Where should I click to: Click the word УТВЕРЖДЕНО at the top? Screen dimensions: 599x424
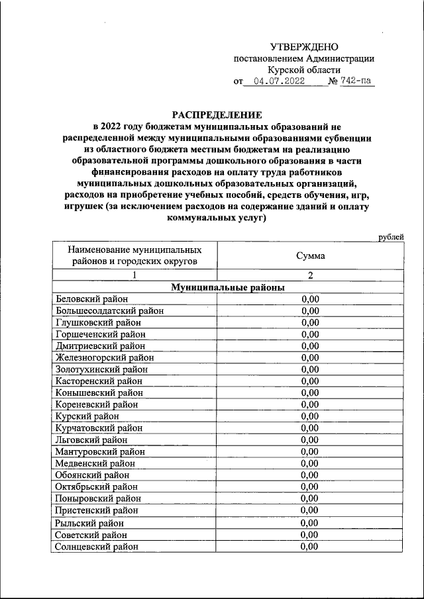(x=304, y=47)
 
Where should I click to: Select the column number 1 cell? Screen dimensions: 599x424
(x=134, y=275)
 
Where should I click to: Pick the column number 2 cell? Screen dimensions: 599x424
(x=310, y=275)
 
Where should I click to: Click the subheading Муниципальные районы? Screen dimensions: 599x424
(x=227, y=287)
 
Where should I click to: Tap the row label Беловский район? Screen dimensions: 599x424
(x=92, y=299)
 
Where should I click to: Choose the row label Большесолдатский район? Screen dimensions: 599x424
(x=110, y=310)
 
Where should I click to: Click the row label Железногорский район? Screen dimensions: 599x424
(x=105, y=357)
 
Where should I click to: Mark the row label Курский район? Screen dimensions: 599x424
(x=88, y=416)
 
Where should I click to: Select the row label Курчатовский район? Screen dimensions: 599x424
(x=100, y=428)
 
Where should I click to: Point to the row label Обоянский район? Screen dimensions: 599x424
(x=93, y=475)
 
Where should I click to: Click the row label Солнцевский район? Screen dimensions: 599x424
(x=97, y=547)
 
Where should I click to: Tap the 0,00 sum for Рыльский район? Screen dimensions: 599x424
(x=310, y=523)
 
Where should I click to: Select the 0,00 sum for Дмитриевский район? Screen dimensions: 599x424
(x=310, y=346)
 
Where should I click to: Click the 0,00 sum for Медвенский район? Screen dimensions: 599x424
(x=310, y=463)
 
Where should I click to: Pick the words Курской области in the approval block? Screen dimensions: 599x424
(x=304, y=69)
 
